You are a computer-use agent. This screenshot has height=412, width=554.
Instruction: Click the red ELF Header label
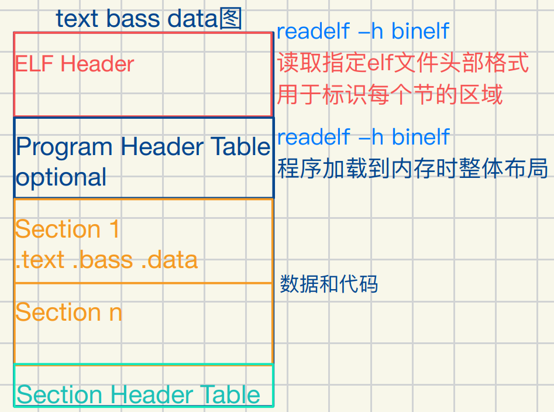(x=74, y=64)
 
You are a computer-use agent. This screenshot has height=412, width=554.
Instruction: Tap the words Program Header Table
(x=143, y=147)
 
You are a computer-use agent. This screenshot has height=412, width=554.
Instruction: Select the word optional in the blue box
(x=61, y=177)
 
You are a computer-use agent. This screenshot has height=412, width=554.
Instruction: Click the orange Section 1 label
(x=67, y=229)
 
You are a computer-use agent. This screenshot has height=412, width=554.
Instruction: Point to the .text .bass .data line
(x=106, y=260)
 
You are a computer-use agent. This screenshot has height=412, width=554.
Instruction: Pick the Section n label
(x=68, y=313)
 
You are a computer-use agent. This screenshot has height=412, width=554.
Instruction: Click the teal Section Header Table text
(x=138, y=395)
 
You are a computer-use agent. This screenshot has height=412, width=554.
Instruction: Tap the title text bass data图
(x=149, y=19)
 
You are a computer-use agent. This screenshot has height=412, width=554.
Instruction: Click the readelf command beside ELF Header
(x=363, y=31)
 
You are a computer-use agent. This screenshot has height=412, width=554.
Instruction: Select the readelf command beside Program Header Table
(x=363, y=137)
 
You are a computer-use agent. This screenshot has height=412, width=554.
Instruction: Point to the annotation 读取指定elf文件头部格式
(x=402, y=63)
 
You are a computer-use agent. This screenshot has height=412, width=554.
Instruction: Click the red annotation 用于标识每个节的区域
(x=390, y=94)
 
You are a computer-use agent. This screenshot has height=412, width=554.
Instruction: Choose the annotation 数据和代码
(x=329, y=284)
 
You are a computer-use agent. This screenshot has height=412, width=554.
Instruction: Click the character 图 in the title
(x=230, y=19)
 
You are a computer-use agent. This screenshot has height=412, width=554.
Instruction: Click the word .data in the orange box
(x=170, y=260)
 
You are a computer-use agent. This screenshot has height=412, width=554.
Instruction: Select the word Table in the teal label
(x=230, y=395)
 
